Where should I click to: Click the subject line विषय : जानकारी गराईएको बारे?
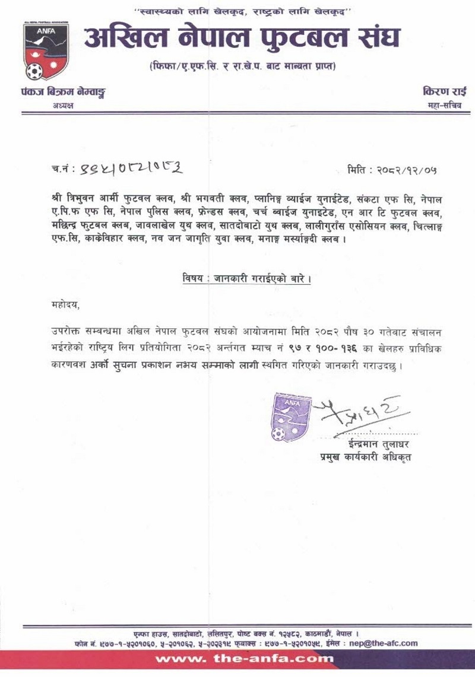(246, 279)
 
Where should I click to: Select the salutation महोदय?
(65, 305)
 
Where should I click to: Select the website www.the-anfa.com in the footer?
(243, 659)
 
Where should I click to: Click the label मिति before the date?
(359, 170)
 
